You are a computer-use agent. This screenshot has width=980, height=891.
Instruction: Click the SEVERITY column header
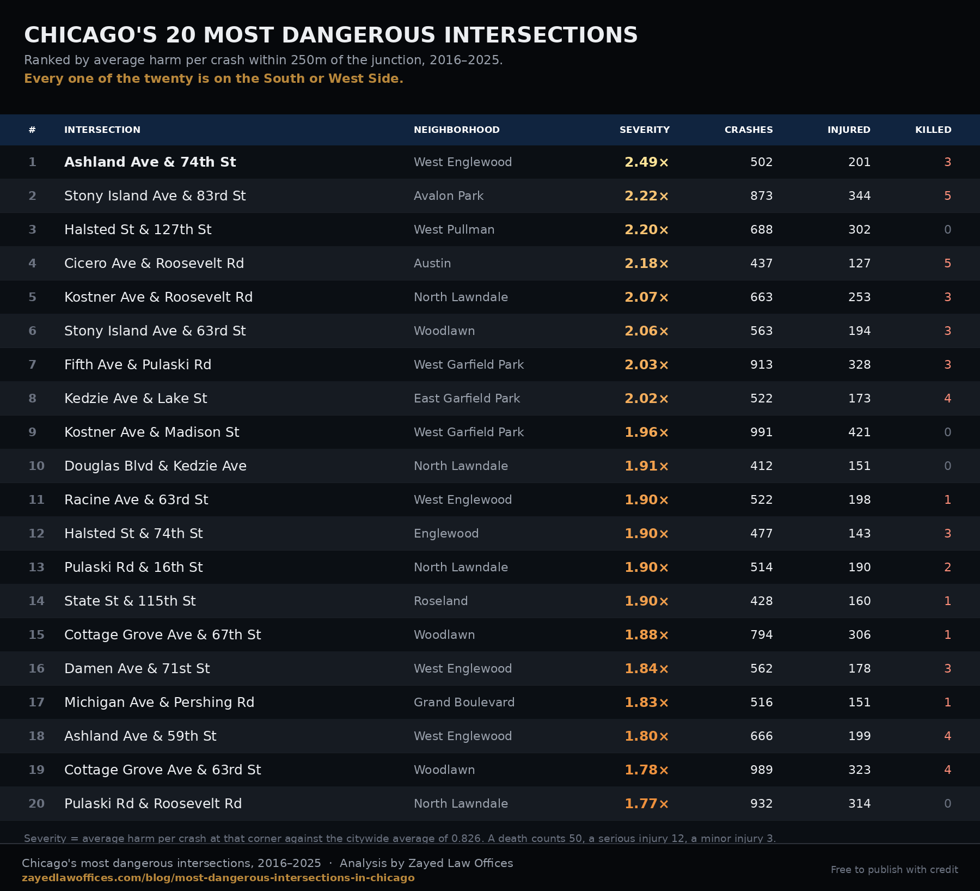point(645,130)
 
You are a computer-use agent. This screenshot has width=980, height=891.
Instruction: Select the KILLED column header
point(933,130)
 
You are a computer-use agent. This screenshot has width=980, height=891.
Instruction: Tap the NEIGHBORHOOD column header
point(457,130)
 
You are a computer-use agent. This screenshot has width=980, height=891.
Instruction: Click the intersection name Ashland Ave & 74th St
point(150,162)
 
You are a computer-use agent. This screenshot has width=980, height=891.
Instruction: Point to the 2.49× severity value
point(647,162)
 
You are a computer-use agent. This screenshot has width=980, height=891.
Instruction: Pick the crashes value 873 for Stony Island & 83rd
point(762,196)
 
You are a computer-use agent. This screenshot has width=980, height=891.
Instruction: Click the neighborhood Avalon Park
point(449,196)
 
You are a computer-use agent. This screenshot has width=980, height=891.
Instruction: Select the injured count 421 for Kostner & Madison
point(860,432)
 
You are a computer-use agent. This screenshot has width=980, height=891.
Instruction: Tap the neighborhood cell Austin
point(432,263)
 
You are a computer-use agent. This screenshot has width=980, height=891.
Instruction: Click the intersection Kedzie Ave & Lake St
point(136,398)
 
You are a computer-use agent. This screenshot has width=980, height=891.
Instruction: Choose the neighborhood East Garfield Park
point(467,398)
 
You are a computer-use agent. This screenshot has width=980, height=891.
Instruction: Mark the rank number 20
point(36,803)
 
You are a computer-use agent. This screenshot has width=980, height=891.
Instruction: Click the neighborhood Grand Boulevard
point(464,702)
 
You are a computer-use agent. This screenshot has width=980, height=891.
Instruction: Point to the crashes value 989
point(762,770)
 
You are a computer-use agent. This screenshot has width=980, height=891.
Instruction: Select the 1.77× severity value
point(647,803)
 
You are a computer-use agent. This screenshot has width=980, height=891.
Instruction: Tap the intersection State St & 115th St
point(130,601)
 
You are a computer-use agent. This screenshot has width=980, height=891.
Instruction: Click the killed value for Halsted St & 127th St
point(948,229)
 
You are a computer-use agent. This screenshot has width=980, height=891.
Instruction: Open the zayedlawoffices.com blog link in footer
point(218,878)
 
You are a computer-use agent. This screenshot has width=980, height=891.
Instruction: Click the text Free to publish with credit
point(895,870)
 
